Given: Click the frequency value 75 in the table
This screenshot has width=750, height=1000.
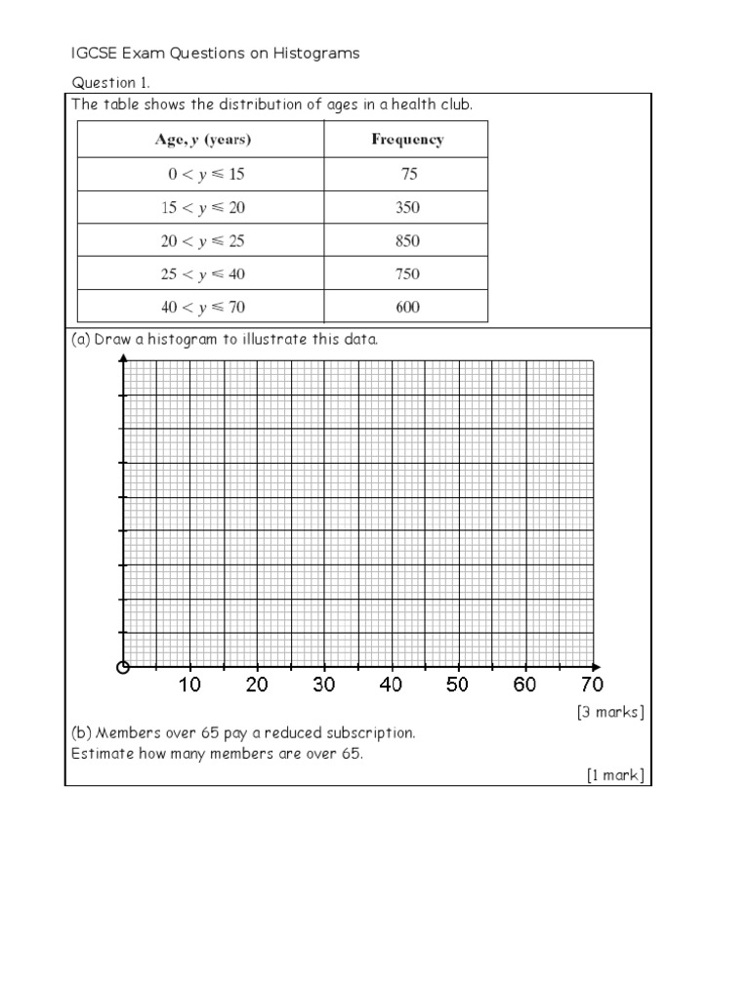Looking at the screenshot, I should tap(407, 174).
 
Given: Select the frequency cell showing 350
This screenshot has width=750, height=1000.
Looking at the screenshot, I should tap(407, 207).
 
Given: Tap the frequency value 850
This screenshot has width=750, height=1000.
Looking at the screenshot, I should tap(407, 240).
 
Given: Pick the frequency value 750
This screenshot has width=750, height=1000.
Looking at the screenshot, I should tap(407, 274).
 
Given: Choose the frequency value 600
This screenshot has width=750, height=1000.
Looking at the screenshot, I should tap(407, 308).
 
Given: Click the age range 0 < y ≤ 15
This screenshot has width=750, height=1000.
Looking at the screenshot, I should tap(202, 174).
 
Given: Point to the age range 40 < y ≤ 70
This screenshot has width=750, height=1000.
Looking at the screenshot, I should tap(202, 308).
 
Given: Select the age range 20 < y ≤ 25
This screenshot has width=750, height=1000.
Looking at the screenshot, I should tap(202, 240).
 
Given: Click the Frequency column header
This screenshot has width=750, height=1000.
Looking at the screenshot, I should tap(407, 140).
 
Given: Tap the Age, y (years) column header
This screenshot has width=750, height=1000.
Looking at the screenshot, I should tap(202, 140).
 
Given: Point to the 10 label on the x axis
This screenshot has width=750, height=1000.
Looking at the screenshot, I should tap(189, 686).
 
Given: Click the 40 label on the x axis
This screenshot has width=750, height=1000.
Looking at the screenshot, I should tap(391, 686).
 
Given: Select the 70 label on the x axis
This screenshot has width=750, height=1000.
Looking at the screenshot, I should tap(592, 686).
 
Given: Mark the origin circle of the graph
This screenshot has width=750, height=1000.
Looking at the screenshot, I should tap(122, 668).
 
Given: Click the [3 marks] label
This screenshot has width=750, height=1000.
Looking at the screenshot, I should tap(610, 712).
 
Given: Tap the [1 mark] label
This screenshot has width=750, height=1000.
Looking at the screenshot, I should tap(615, 775).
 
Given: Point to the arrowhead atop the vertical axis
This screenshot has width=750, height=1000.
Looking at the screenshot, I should tap(122, 359).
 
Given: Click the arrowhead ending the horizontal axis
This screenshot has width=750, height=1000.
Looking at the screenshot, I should tap(599, 668).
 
